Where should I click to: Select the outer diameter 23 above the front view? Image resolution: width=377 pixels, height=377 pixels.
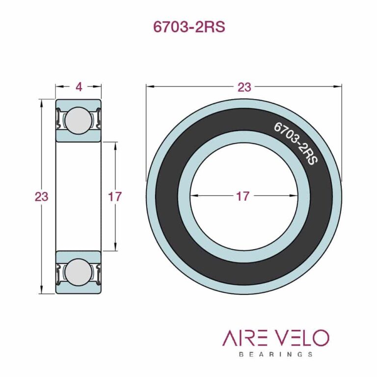point(244,87)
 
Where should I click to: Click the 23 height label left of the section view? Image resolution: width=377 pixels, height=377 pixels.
point(42,197)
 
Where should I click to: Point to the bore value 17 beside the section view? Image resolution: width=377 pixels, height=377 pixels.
point(114,197)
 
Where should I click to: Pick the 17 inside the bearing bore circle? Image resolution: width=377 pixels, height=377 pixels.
point(242,196)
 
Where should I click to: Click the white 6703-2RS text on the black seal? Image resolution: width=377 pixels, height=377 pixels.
point(295,143)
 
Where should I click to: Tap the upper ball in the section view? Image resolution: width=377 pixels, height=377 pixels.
point(79,121)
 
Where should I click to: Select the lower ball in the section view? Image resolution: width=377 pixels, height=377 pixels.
point(79,272)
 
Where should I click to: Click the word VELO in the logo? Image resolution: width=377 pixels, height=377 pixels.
point(301,338)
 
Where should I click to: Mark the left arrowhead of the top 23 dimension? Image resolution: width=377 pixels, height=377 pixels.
point(149,87)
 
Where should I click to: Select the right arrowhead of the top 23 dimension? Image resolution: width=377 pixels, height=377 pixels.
point(339,87)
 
